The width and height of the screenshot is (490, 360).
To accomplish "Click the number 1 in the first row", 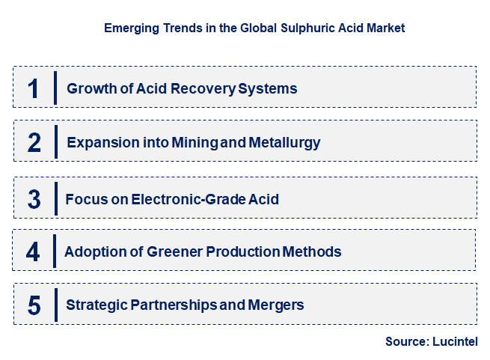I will tap(33, 88).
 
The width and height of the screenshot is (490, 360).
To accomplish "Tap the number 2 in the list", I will tap(34, 142).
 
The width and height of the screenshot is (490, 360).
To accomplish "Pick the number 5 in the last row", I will tap(34, 305).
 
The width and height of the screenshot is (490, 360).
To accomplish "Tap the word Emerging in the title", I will tap(129, 28).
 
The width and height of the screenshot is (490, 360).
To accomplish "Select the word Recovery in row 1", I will tap(203, 89).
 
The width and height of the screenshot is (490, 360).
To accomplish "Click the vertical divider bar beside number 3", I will tap(55, 198).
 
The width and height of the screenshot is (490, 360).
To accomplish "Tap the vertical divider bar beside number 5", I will tap(55, 305).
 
